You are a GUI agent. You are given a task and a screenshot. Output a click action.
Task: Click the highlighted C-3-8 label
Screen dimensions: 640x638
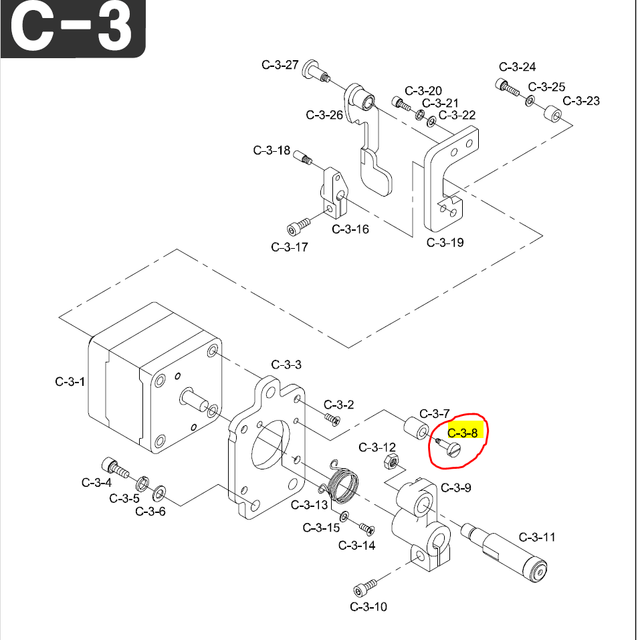[x=463, y=433]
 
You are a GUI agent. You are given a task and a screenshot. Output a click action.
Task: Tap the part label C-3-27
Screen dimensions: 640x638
[x=280, y=65]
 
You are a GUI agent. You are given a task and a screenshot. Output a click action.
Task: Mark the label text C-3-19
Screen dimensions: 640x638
[x=445, y=242]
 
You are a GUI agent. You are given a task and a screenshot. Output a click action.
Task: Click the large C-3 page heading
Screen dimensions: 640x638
[x=73, y=29]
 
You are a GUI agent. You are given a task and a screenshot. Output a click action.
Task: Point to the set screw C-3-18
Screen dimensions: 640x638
[x=304, y=158]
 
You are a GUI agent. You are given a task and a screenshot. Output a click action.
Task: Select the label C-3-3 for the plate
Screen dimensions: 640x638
[x=286, y=364]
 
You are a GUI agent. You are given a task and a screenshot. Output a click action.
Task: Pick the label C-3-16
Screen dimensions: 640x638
[x=350, y=229]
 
